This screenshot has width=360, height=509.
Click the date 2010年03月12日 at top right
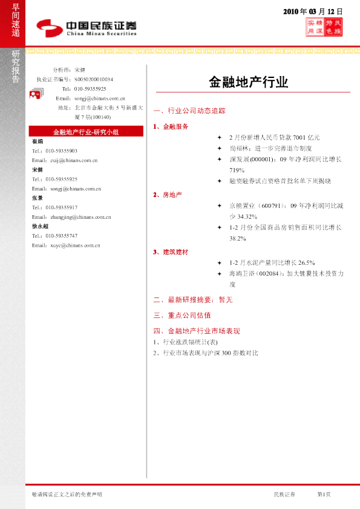(x=313, y=11)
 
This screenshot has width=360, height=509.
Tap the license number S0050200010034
(x=94, y=79)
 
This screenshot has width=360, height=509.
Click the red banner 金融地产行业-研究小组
(x=85, y=131)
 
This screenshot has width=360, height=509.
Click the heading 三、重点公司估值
(x=182, y=316)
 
